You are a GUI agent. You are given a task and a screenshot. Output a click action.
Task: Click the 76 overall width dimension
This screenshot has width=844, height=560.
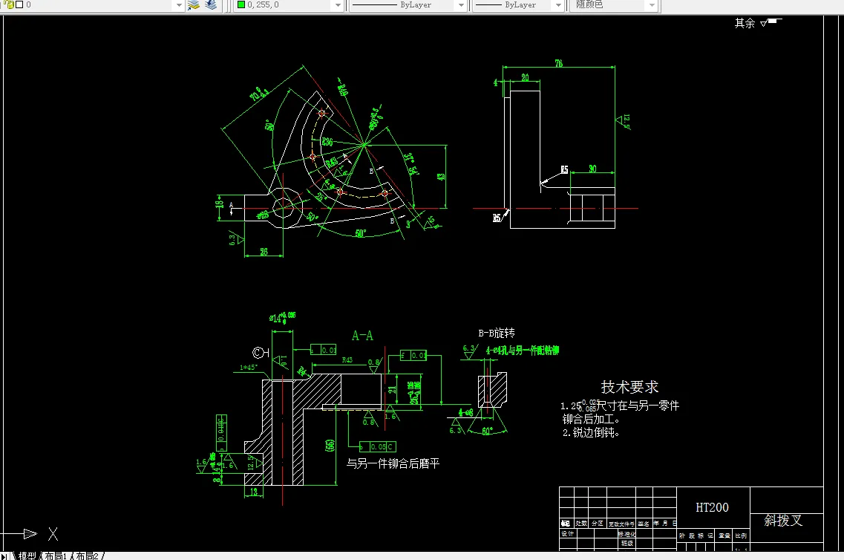pyautogui.click(x=558, y=64)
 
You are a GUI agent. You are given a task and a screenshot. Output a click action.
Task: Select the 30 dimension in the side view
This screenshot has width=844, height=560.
pyautogui.click(x=592, y=169)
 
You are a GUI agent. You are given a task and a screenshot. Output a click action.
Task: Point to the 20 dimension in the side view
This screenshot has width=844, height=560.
pyautogui.click(x=525, y=77)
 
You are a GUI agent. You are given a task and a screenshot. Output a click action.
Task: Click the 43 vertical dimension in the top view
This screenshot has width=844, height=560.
pyautogui.click(x=441, y=177)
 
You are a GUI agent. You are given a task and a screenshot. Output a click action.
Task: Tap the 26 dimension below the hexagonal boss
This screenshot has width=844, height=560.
pyautogui.click(x=264, y=251)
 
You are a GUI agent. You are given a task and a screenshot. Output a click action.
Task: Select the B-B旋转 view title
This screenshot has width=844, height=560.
pyautogui.click(x=497, y=333)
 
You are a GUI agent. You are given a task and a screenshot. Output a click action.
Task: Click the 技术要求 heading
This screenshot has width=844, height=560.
pyautogui.click(x=629, y=387)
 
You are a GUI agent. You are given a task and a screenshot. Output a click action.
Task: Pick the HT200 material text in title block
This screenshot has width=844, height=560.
pyautogui.click(x=712, y=508)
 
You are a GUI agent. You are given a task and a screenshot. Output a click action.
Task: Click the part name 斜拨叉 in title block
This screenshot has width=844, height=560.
pyautogui.click(x=784, y=520)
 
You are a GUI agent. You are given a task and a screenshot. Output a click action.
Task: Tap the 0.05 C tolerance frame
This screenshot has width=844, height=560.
pyautogui.click(x=378, y=446)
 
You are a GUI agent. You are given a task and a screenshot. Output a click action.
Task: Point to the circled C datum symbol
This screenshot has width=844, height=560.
pyautogui.click(x=259, y=352)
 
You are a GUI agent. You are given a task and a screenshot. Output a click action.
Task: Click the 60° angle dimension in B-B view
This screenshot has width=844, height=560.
pyautogui.click(x=488, y=431)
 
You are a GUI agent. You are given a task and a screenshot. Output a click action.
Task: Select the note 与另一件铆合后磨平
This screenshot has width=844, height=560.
pyautogui.click(x=393, y=463)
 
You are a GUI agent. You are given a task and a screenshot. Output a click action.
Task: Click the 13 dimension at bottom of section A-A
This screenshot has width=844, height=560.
pyautogui.click(x=253, y=491)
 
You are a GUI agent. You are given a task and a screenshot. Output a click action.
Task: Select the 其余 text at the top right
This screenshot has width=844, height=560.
pyautogui.click(x=745, y=23)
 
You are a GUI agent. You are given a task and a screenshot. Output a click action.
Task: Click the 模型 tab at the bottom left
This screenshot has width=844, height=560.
pyautogui.click(x=27, y=556)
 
